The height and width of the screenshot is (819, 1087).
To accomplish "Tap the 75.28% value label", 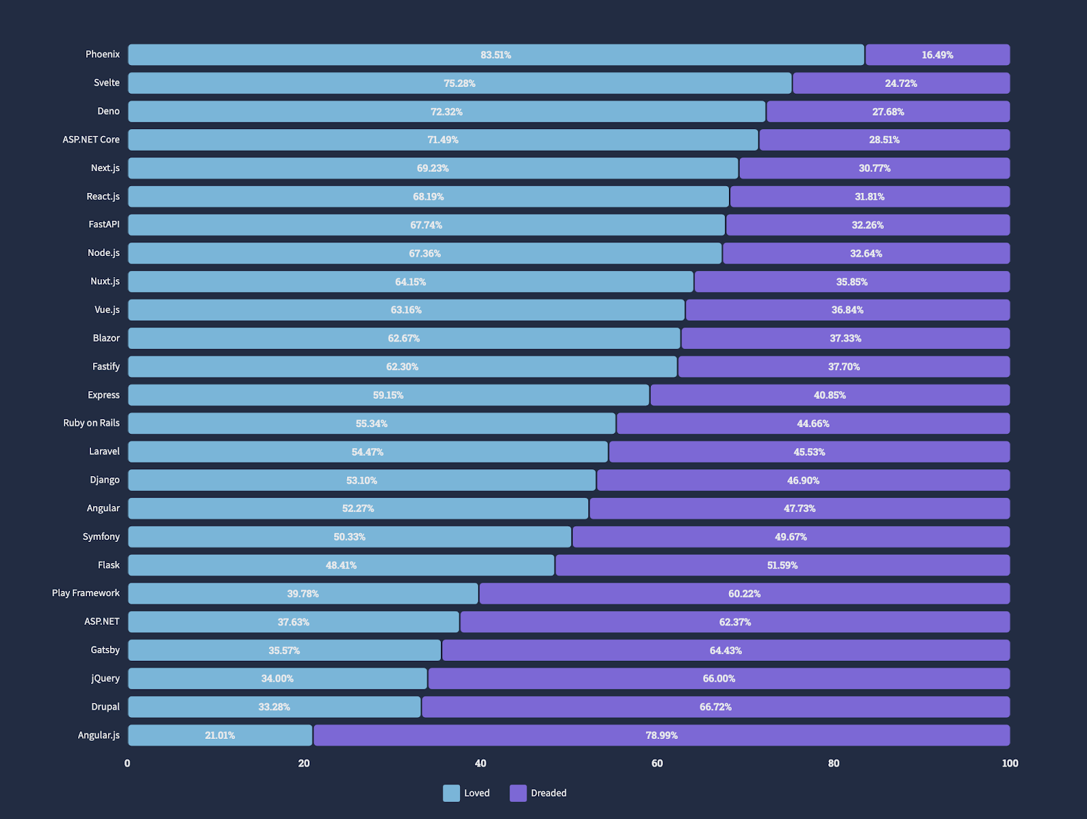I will pos(459,84).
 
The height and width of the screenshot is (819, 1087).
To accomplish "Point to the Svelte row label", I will pos(107,83).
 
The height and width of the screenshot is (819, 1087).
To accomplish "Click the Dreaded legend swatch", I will pos(518,793).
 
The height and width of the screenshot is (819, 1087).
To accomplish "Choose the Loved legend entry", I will pos(467,793).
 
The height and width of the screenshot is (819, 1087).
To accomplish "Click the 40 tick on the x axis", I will pos(480,763).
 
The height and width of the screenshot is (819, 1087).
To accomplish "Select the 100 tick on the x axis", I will pos(1010,763).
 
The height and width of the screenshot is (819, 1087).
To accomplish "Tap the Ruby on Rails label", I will pos(91,423).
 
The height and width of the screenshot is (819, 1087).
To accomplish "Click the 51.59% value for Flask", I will pos(782,566).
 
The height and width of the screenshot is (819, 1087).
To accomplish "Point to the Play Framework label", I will pos(86,594).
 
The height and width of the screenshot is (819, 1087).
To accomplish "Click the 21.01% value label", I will pos(219,735).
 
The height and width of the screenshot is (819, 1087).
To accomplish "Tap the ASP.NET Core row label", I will pos(91,140).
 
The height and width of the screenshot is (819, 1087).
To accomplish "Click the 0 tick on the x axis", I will pos(128,763).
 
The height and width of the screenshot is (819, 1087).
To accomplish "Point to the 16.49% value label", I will pos(937,55).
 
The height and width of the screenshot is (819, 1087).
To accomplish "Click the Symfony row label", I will pos(101,537).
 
